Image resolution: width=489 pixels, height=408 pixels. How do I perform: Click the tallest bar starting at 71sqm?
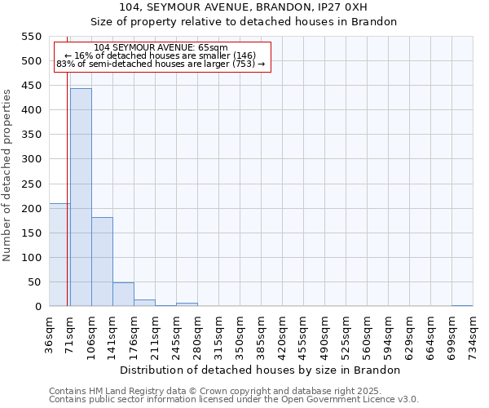(81, 197)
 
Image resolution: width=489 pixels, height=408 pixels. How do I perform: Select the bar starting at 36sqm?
(59, 255)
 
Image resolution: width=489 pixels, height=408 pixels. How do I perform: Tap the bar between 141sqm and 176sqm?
(123, 295)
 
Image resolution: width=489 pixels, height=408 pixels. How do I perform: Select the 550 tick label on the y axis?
(30, 37)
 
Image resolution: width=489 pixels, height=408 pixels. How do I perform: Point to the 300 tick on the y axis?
(30, 159)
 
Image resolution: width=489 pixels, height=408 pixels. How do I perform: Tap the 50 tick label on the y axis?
(33, 282)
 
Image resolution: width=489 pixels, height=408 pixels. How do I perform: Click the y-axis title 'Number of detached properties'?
(8, 175)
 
